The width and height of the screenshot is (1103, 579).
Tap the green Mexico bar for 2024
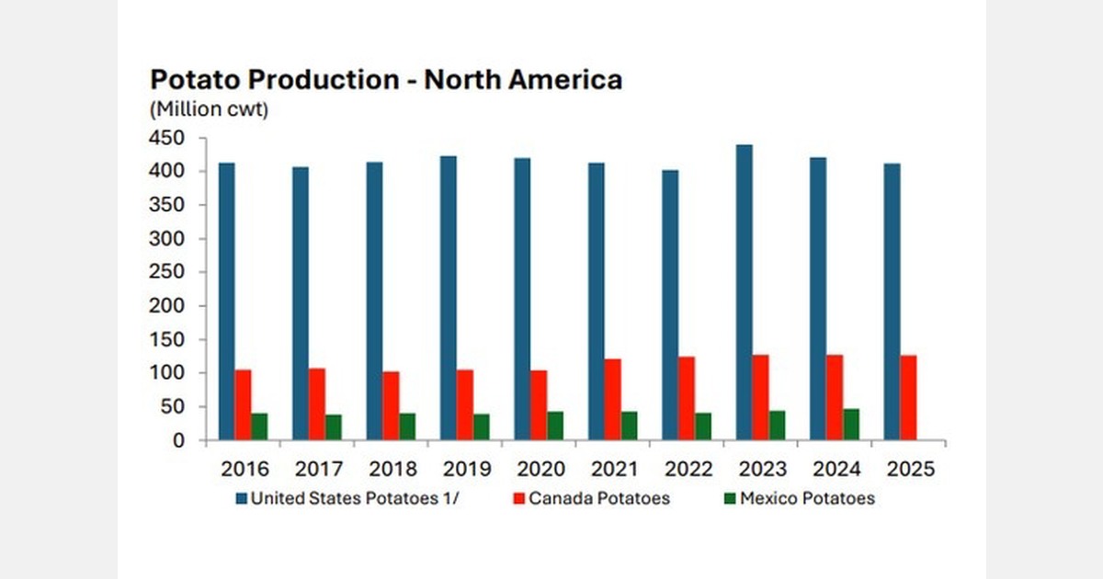tap(852, 425)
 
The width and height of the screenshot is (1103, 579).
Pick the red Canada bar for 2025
tap(908, 397)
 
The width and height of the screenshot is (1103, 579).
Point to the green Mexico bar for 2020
tap(556, 426)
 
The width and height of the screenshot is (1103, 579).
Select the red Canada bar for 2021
tap(613, 399)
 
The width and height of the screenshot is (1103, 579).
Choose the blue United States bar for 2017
tap(301, 303)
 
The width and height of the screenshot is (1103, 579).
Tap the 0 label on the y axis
tap(179, 440)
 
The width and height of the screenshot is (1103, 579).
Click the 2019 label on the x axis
tap(467, 469)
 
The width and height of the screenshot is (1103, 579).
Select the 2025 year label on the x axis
tap(911, 469)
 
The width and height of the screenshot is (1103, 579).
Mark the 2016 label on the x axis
tap(244, 469)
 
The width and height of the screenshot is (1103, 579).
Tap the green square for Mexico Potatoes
tap(731, 498)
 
